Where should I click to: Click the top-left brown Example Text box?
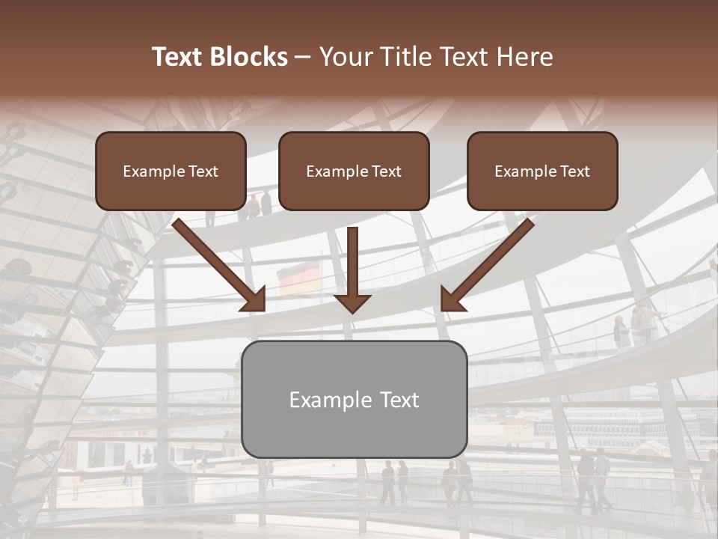(171, 171)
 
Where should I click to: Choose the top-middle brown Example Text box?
(354, 171)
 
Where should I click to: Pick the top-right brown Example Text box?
(542, 171)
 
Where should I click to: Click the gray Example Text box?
(354, 399)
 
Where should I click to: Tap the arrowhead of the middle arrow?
(352, 302)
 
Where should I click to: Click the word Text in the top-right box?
(575, 171)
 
